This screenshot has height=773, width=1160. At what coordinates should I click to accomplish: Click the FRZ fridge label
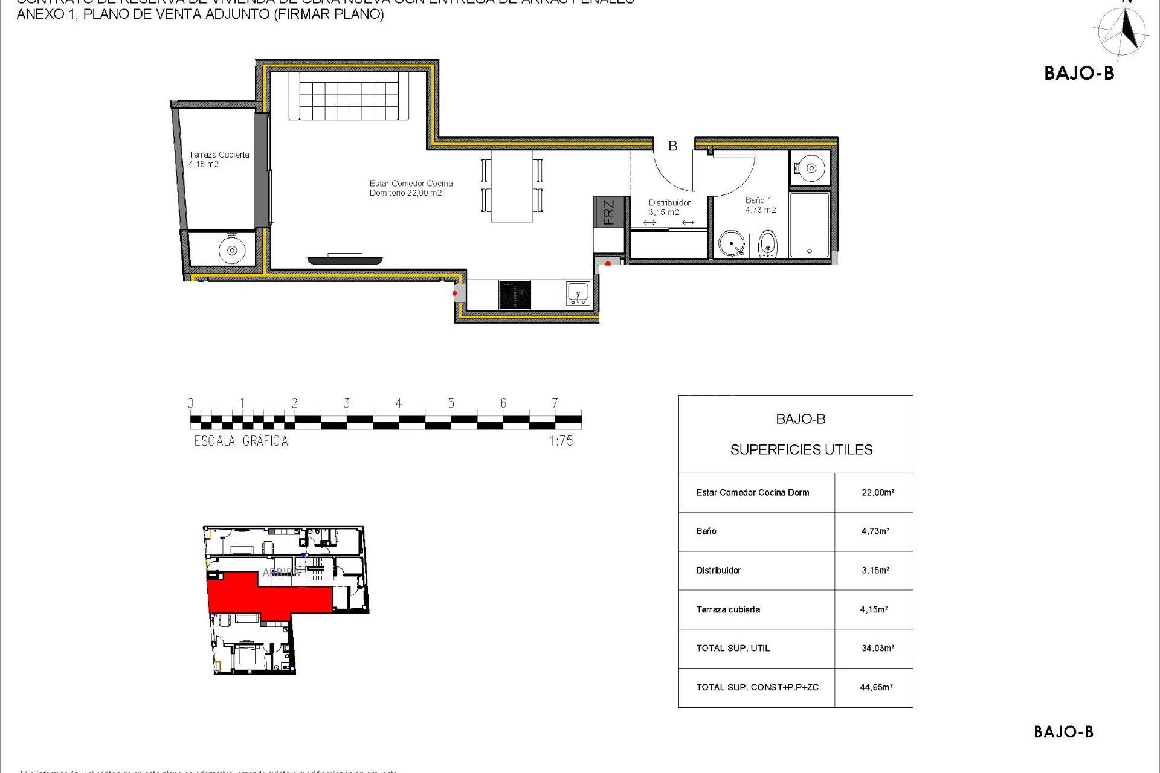click(608, 212)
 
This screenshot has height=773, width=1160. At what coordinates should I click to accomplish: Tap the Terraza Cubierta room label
click(219, 159)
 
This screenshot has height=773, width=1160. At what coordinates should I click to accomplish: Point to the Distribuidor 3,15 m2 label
click(669, 207)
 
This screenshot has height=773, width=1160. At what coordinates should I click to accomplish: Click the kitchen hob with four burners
click(515, 295)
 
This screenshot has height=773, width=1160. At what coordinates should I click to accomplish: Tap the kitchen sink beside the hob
click(578, 294)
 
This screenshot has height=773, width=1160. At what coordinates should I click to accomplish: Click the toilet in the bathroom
click(767, 244)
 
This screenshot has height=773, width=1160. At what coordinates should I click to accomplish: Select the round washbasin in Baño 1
click(732, 245)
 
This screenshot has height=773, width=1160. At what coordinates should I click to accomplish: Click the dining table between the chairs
click(512, 186)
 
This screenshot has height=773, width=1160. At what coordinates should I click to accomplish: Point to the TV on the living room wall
click(345, 260)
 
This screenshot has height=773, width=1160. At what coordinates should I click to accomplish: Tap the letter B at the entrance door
click(672, 146)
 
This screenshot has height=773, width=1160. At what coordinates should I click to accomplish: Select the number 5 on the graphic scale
click(451, 403)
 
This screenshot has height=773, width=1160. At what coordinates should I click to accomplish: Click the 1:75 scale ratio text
click(561, 441)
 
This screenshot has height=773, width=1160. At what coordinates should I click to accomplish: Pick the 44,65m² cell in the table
click(876, 687)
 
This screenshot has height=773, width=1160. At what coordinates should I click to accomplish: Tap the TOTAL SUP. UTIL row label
click(733, 648)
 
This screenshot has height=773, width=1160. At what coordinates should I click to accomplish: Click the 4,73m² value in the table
click(875, 531)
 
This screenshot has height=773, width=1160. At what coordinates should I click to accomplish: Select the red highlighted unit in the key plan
click(266, 595)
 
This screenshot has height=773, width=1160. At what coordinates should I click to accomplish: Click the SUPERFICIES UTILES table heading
click(801, 449)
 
